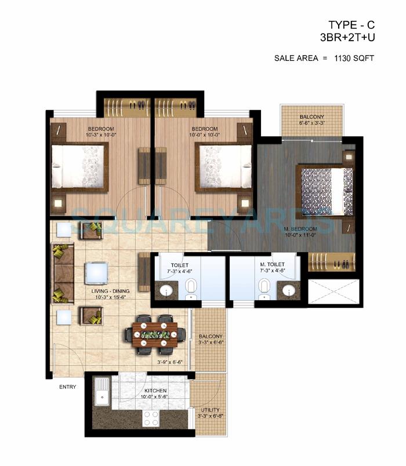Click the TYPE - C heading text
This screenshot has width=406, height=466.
coord(351,24)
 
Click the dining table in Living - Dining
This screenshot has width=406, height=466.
coord(154,334)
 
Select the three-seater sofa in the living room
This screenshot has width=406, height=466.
coord(62,273)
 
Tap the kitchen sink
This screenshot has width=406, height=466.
coord(101,391)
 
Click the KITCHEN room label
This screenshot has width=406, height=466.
coord(155,391)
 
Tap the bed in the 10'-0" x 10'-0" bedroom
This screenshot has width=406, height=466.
coord(224,167)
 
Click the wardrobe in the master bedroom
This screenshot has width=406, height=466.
coord(331,262)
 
